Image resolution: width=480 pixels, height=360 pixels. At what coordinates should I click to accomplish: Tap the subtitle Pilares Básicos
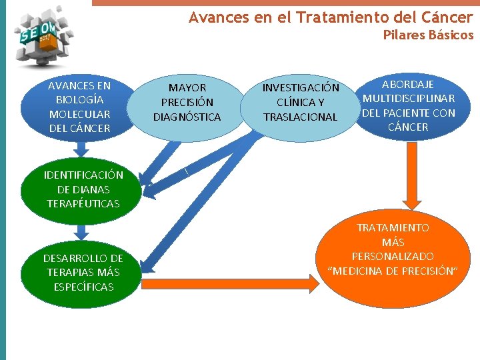[x=428, y=35]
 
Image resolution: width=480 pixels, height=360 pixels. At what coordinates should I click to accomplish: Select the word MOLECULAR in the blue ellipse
[x=80, y=113]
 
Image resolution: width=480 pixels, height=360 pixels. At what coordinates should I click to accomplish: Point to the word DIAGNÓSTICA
[x=187, y=117]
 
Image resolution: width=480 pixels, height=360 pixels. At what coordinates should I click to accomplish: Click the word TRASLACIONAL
[x=301, y=117]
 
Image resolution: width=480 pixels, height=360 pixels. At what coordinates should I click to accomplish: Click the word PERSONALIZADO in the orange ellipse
[x=393, y=256]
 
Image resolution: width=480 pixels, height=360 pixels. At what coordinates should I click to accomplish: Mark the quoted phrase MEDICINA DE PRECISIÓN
[x=393, y=271]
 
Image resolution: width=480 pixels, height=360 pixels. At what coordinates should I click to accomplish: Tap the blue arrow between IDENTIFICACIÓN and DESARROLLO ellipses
[x=81, y=230]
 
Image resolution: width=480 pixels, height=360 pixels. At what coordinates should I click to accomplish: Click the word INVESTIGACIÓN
[x=301, y=88]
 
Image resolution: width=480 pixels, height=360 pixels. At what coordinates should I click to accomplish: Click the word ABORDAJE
[x=407, y=84]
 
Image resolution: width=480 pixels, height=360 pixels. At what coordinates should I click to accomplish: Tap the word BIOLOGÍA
[x=80, y=99]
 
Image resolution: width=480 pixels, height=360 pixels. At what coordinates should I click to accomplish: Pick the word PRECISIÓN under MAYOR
[x=187, y=102]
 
